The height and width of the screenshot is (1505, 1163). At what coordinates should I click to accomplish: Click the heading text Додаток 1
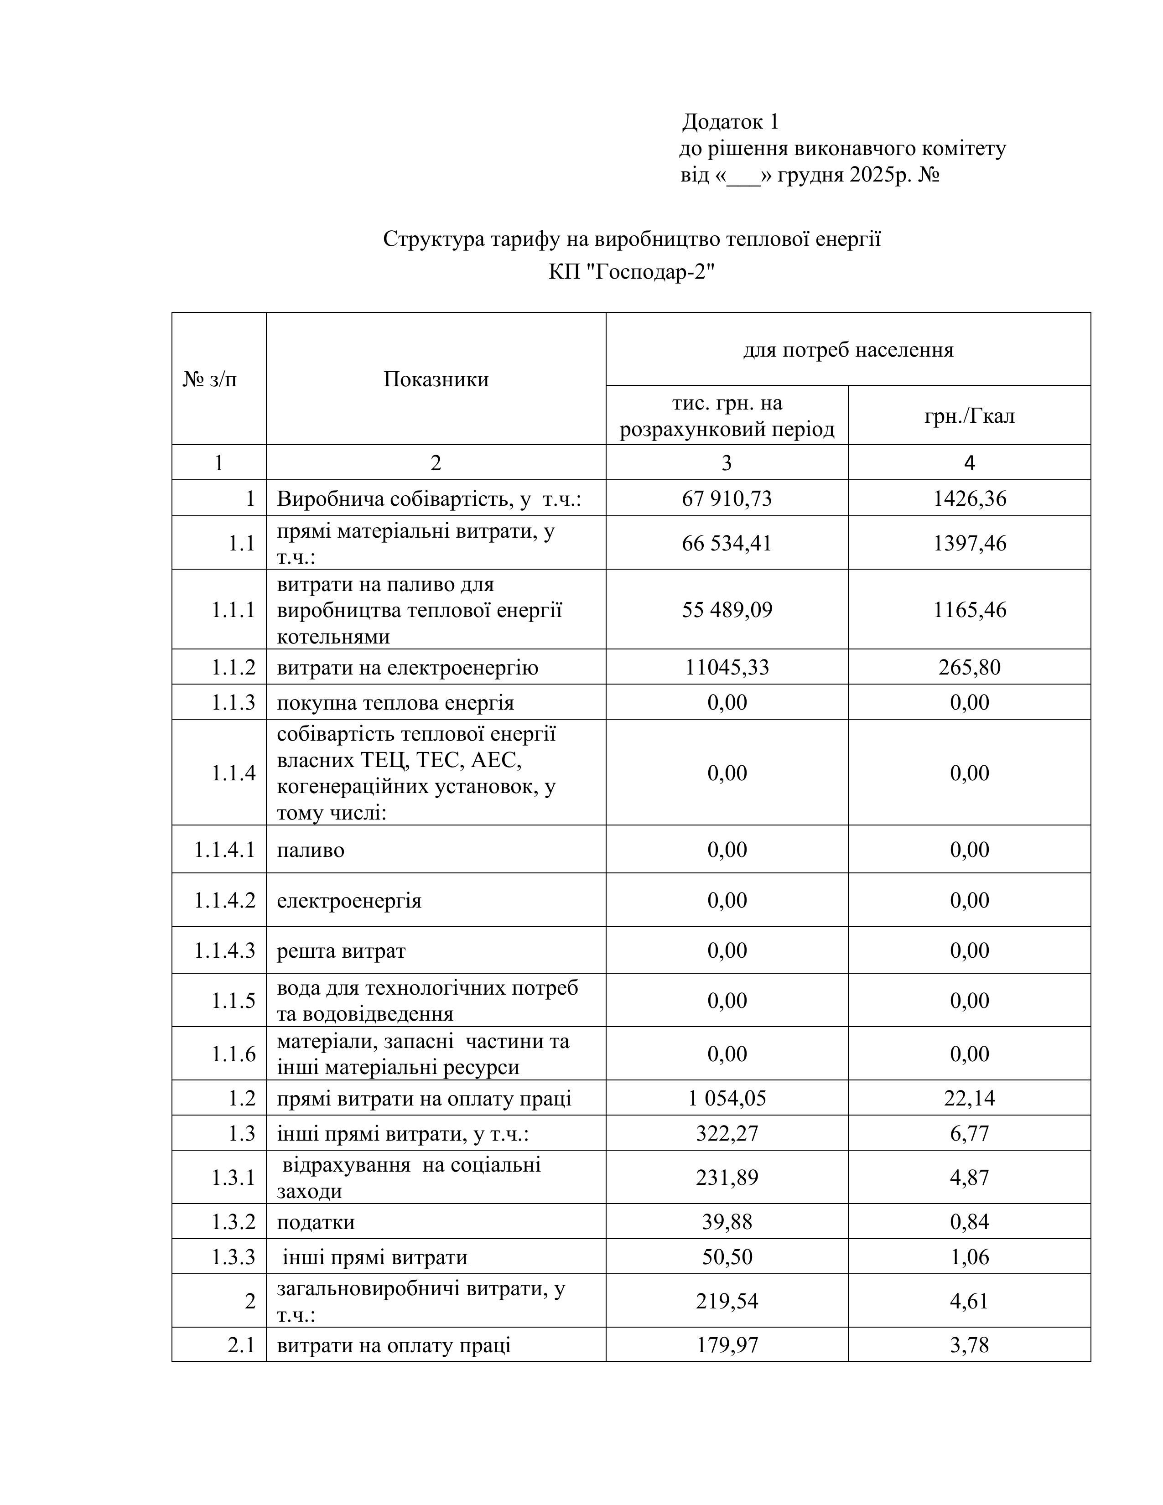click(x=730, y=122)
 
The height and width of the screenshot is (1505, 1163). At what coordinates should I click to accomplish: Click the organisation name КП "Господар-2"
click(x=631, y=272)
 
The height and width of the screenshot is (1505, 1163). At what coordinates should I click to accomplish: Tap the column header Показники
click(x=436, y=379)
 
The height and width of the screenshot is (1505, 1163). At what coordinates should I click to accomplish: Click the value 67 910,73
click(x=727, y=498)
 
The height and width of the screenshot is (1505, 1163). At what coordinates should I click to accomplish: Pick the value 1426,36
click(x=969, y=498)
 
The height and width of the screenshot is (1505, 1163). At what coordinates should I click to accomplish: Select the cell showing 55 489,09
click(x=727, y=610)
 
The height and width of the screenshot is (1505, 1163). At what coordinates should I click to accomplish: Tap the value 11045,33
click(x=727, y=667)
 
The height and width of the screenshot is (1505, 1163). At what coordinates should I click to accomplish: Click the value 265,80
click(x=969, y=667)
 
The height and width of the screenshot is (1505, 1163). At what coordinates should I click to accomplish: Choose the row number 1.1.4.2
click(x=224, y=900)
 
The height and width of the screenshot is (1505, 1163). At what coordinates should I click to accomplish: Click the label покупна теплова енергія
click(x=395, y=703)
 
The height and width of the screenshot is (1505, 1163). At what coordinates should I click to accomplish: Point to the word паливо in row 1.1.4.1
click(x=310, y=850)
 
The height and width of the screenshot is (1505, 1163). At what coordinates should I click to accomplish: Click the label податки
click(x=316, y=1222)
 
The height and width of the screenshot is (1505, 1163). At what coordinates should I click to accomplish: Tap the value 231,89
click(x=727, y=1177)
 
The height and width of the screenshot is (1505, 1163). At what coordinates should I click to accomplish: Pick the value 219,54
click(x=727, y=1301)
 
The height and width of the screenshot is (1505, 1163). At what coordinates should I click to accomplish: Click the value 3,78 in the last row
click(x=969, y=1345)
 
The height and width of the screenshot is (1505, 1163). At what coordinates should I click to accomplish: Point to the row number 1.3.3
click(x=233, y=1257)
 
